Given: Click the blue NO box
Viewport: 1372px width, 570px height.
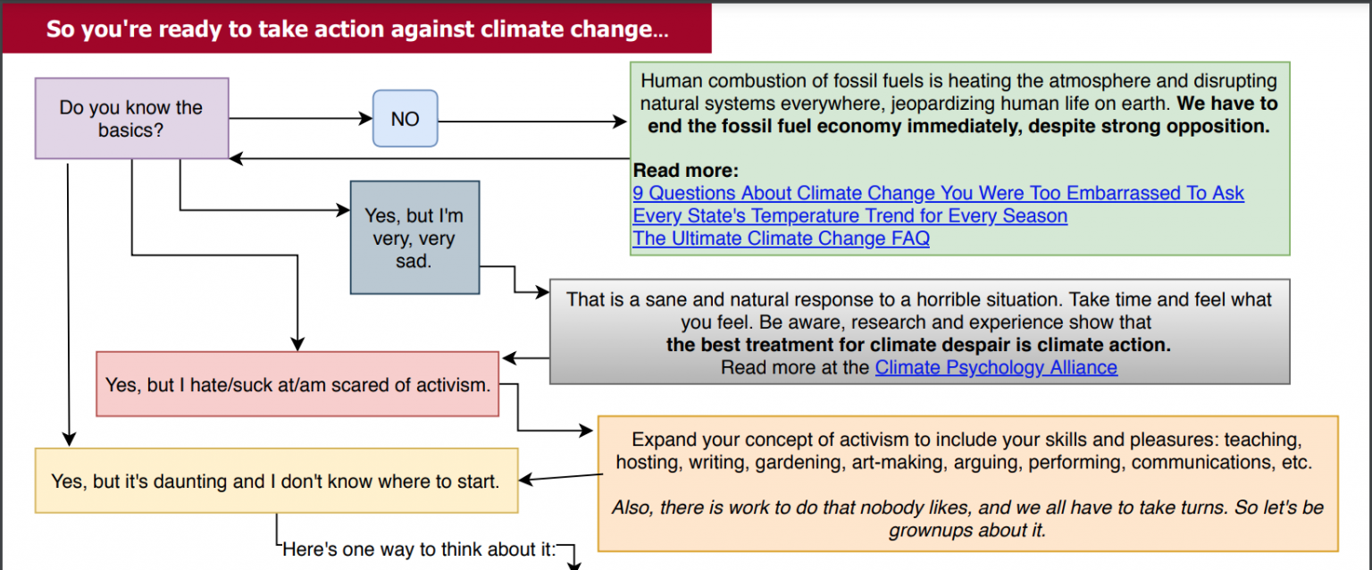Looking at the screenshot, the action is (x=405, y=118).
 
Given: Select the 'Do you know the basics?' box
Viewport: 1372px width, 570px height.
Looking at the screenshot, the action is (x=131, y=118).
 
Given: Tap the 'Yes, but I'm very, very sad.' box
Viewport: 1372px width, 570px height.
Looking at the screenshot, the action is (x=414, y=237).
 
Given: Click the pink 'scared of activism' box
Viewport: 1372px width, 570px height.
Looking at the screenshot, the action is (x=297, y=384).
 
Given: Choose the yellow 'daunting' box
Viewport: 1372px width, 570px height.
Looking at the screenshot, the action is (x=276, y=481).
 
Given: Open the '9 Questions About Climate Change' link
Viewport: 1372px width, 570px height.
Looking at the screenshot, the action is (x=939, y=193).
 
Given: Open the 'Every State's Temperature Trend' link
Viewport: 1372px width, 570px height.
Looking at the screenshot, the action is (x=850, y=215).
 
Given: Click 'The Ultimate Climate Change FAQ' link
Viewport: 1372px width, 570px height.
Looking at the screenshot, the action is (x=781, y=239).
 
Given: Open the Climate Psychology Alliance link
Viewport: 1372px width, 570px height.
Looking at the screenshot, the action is (x=996, y=367).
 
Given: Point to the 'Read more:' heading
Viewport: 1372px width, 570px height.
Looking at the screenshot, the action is (x=686, y=170).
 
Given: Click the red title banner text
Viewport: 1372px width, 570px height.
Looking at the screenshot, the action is (x=357, y=29).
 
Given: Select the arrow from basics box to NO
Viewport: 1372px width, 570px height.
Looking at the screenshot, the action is (x=301, y=118).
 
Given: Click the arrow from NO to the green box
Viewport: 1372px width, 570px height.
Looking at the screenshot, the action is (x=532, y=122).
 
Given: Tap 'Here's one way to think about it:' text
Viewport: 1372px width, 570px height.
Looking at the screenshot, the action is (x=419, y=549).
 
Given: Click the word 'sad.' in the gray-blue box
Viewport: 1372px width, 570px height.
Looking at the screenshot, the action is (x=414, y=261).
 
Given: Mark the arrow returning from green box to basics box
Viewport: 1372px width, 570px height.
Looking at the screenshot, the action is (x=430, y=159).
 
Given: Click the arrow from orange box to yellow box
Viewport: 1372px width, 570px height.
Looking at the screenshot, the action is (x=560, y=477).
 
